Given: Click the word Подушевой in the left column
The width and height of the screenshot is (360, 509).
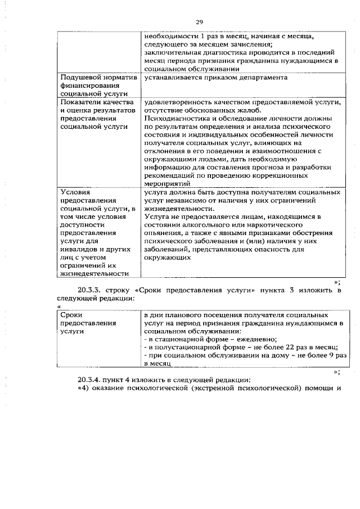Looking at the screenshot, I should tap(80, 77).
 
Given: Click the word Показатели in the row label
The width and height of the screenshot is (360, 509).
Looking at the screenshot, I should tap(80, 102).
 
